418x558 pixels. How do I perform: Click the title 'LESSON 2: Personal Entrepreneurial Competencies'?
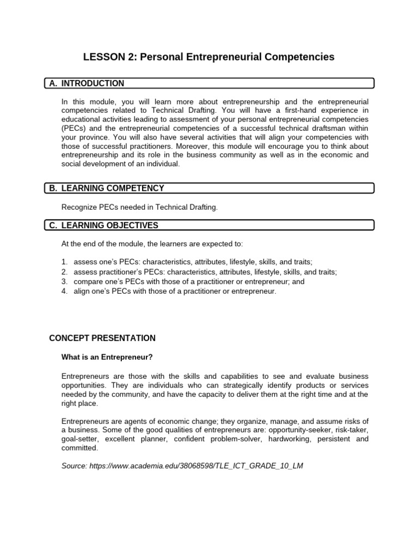[208, 57]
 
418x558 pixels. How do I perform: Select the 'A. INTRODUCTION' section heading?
[93, 83]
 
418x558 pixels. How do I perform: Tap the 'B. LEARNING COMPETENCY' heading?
[112, 188]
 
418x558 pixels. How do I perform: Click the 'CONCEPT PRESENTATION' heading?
[102, 338]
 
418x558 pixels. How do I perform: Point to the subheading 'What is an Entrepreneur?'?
[106, 357]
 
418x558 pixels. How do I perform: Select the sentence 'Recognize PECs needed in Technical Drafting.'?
[139, 207]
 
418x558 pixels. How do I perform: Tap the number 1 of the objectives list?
[64, 262]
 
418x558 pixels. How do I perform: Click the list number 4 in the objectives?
[64, 292]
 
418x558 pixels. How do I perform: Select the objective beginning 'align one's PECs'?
[175, 292]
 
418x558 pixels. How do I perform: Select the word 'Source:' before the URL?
[74, 467]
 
